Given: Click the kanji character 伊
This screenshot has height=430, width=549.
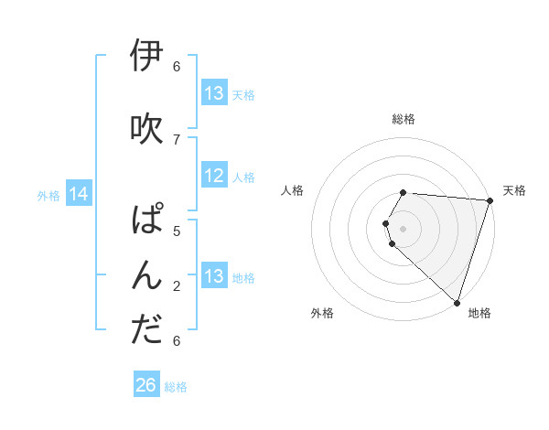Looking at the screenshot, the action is click(147, 57).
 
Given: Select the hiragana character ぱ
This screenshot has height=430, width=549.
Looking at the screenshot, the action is click(147, 221).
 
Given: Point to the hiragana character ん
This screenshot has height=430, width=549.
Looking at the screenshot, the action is click(147, 275).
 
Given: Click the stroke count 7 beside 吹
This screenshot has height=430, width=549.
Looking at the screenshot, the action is click(177, 139).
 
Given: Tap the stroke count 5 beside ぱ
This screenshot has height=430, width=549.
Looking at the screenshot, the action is click(177, 231).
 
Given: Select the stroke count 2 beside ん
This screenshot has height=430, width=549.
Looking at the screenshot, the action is click(177, 285).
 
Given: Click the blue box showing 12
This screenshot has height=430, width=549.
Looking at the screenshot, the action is click(214, 177).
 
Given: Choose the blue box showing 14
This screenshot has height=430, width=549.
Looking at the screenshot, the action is click(79, 194).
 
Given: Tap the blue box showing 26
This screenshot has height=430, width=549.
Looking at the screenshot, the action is click(145, 386).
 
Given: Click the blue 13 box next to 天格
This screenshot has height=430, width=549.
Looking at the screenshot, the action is click(214, 93).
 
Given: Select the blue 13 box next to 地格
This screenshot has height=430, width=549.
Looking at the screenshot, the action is click(214, 276).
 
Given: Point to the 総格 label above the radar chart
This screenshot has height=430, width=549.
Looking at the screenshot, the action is click(404, 119).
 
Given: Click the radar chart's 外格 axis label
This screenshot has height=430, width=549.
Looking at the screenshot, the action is click(322, 313).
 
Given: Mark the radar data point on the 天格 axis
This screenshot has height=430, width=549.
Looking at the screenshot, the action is click(490, 201).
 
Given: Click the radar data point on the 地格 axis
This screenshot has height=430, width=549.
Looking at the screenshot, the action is click(457, 302).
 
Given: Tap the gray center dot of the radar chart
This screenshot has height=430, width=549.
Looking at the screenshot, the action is click(404, 229).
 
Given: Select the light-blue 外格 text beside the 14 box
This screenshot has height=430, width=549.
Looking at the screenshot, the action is click(48, 195).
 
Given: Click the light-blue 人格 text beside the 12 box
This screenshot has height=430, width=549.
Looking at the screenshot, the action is click(243, 177).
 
